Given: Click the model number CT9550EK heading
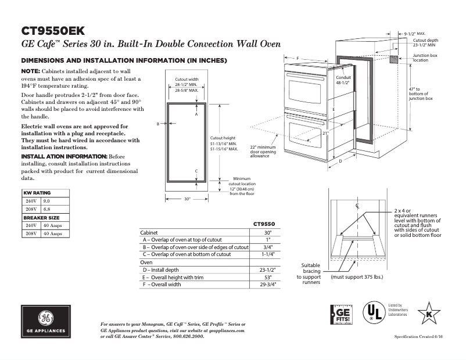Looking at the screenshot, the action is tap(57, 30).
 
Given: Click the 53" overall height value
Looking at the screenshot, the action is tap(268, 278).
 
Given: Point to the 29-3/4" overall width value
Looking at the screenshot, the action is tap(268, 285).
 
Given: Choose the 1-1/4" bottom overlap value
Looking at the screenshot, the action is tap(268, 254).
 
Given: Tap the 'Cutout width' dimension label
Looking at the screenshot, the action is tap(187, 79).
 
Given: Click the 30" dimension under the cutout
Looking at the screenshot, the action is tap(187, 199).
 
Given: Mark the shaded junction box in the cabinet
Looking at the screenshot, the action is tap(395, 60).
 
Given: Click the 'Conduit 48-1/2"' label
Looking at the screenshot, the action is tap(343, 80).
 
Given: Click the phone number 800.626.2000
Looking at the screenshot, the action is tap(187, 336).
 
